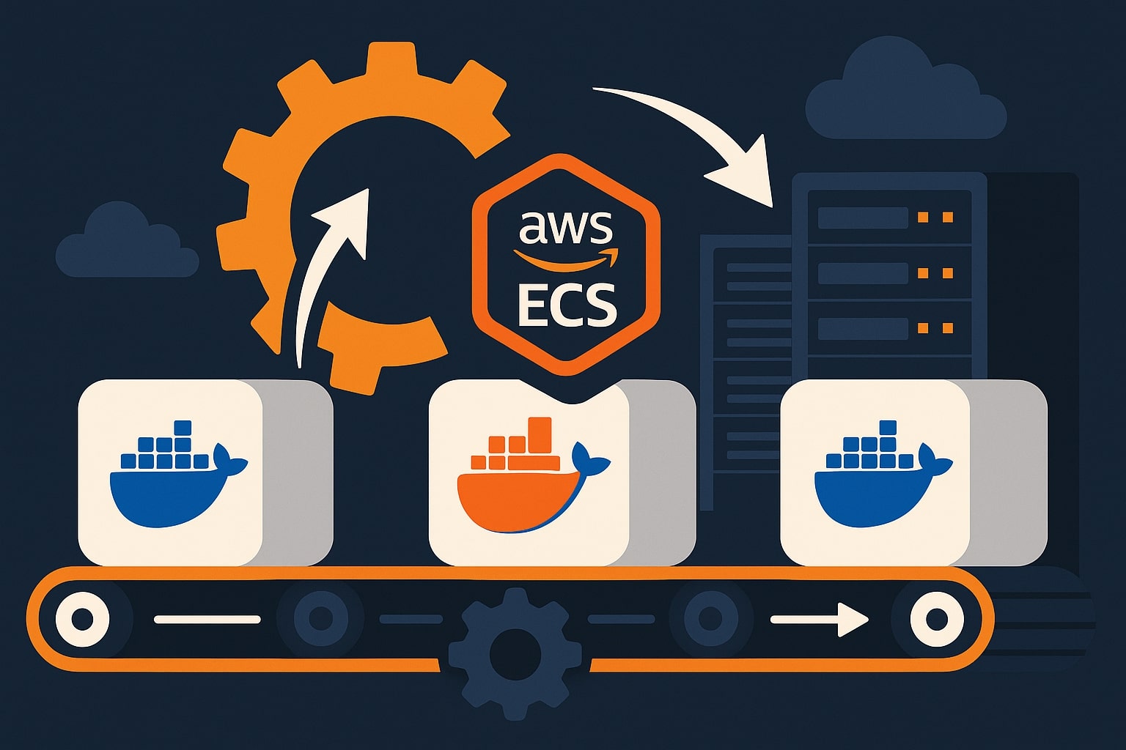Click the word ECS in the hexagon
coord(567,305)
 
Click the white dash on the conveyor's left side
coord(207,620)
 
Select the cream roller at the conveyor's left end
coord(82,620)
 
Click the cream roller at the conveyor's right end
coord(936,620)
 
